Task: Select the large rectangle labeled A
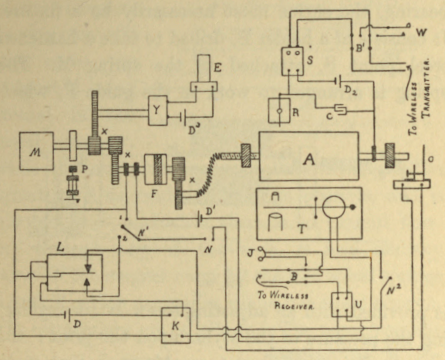pos(308,160)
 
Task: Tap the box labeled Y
pos(158,110)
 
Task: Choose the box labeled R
pos(279,109)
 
